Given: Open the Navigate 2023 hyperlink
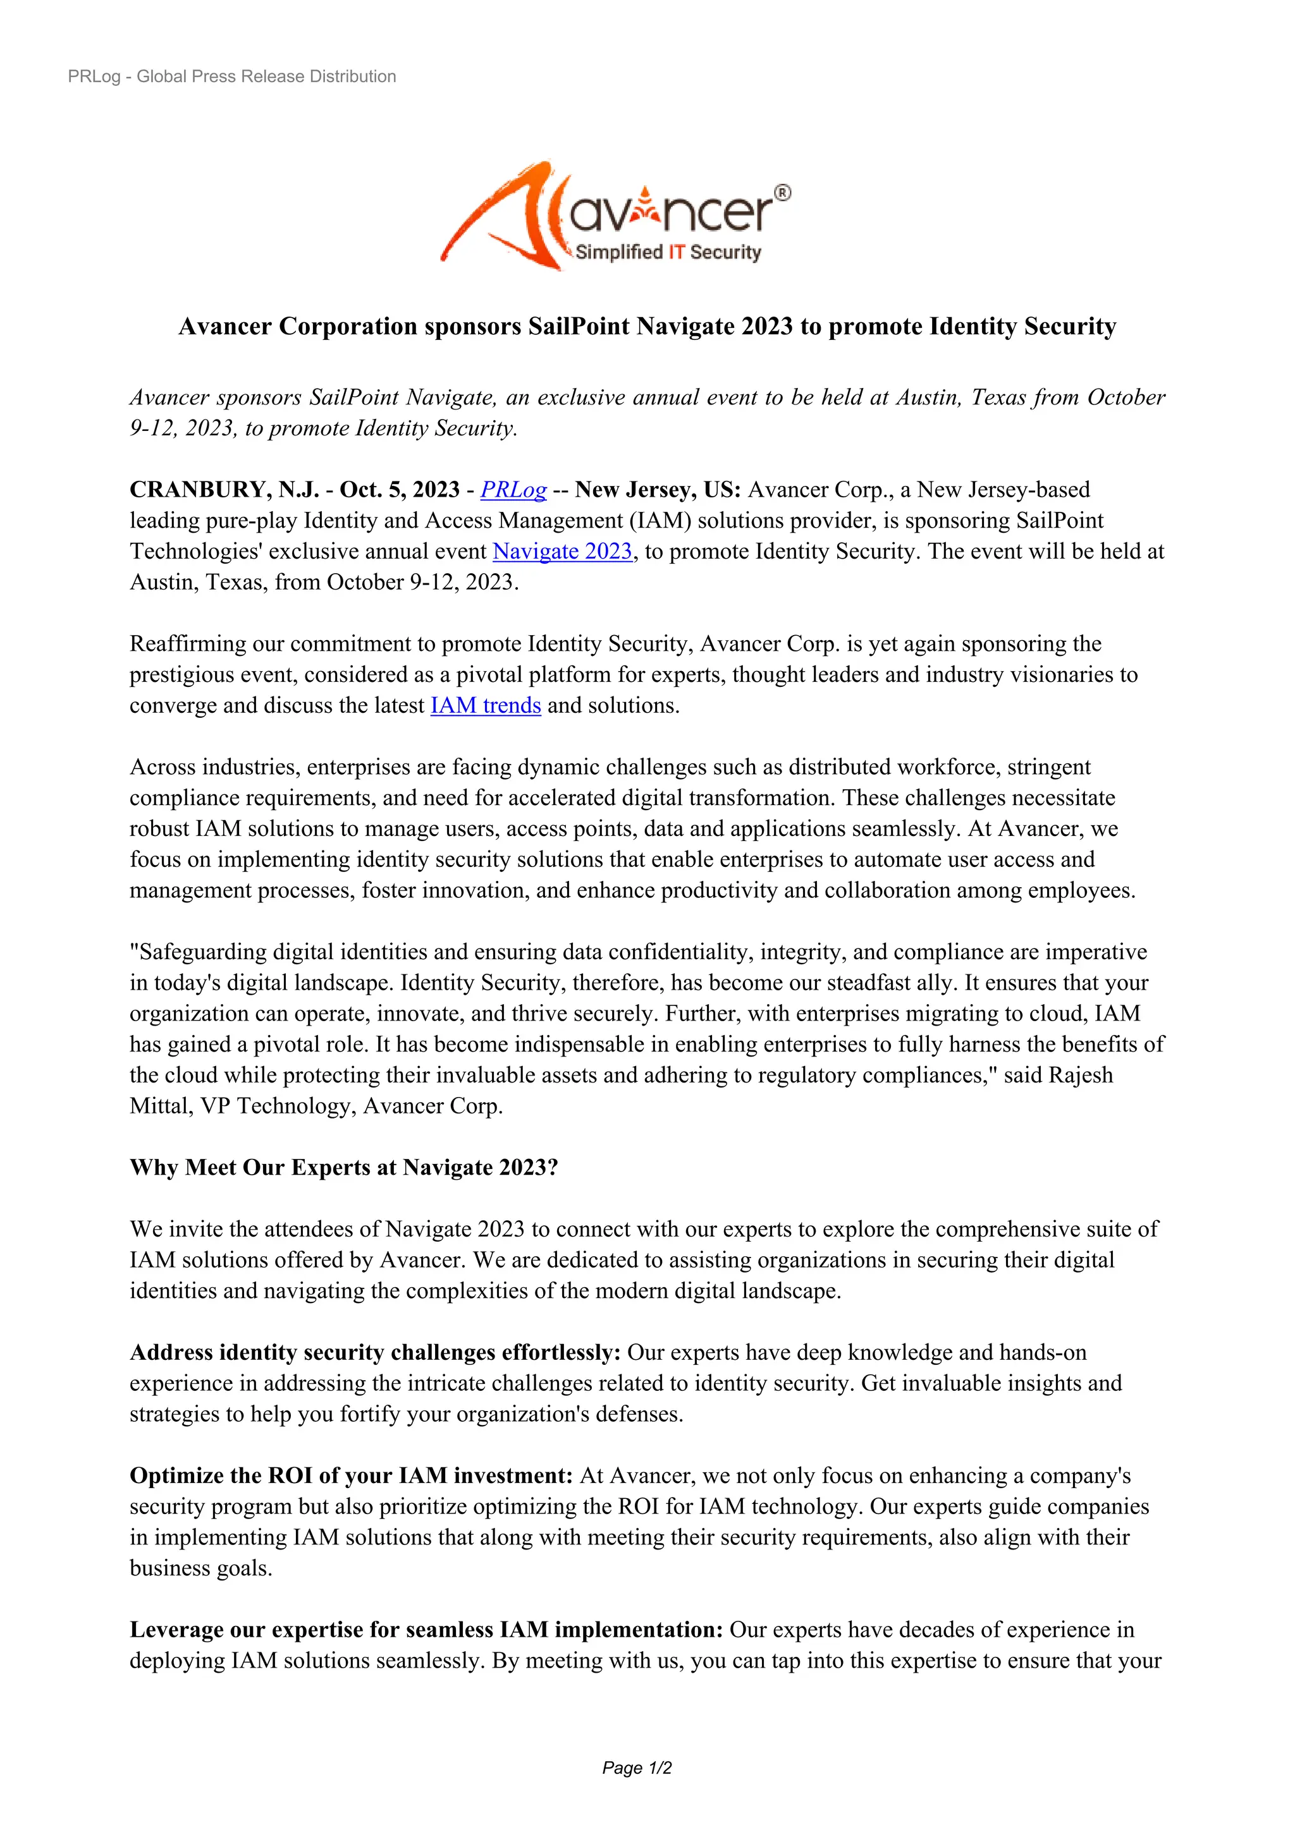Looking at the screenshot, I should click(562, 552).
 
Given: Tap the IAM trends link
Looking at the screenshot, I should click(486, 705).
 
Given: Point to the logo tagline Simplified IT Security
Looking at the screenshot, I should click(668, 252).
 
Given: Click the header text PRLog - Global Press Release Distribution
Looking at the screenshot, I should click(232, 76).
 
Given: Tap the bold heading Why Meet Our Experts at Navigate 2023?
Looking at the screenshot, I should click(344, 1168).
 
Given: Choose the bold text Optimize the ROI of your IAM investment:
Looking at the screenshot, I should click(352, 1476).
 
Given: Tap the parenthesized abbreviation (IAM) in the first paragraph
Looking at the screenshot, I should click(660, 521).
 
